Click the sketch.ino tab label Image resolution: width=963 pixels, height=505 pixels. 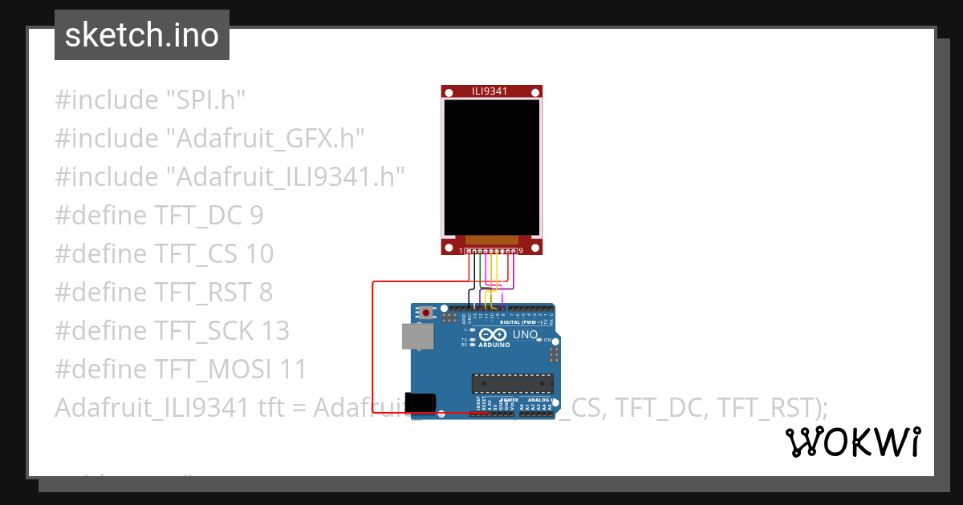click(141, 35)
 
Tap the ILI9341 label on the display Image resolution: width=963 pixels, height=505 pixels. click(490, 91)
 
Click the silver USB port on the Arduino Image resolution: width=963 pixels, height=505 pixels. click(417, 337)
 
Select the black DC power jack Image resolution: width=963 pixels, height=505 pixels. click(421, 403)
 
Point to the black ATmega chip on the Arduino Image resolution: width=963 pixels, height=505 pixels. click(512, 384)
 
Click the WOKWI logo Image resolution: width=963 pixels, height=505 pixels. click(852, 442)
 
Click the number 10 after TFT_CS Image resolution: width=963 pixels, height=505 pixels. click(258, 254)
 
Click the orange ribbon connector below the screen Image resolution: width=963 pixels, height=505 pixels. click(490, 240)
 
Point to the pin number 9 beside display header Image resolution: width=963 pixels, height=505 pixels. click(521, 251)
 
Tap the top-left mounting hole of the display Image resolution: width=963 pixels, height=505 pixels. click(447, 91)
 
